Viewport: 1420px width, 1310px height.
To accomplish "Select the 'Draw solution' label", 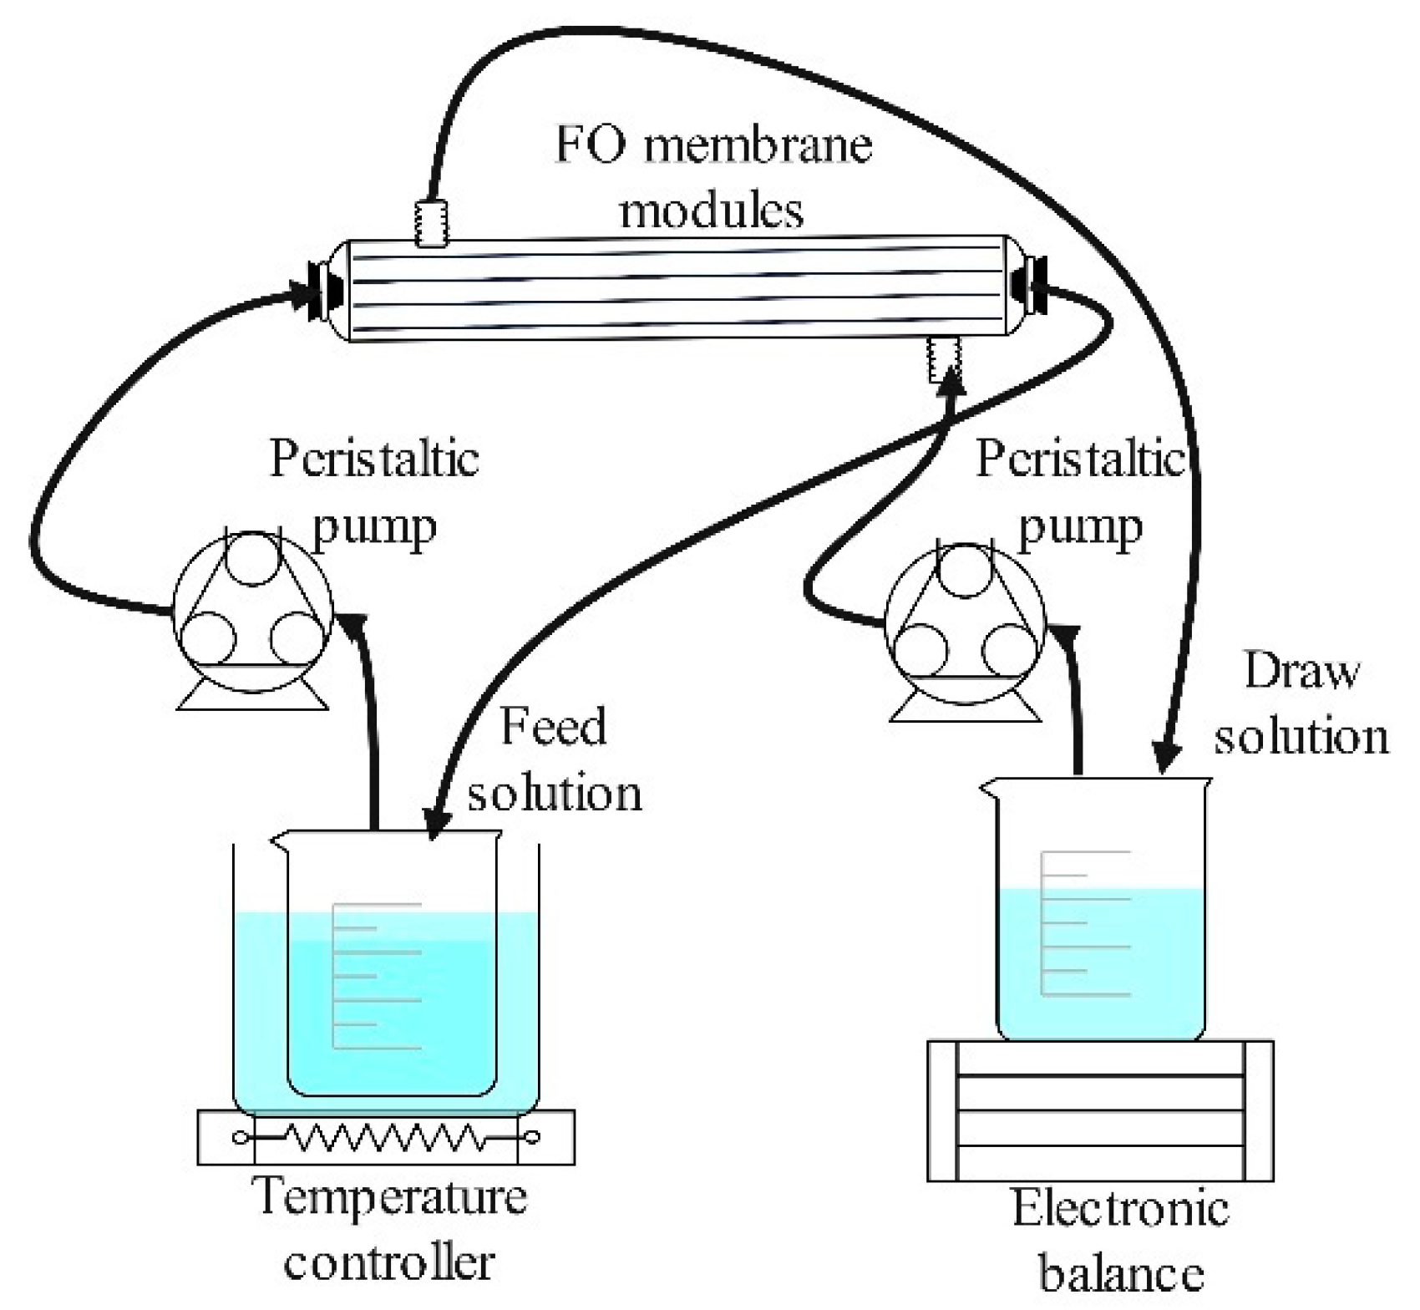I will click(x=1301, y=704).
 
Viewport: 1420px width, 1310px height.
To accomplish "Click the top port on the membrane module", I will click(x=432, y=223).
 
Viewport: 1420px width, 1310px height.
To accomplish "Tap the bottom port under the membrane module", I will click(x=945, y=358).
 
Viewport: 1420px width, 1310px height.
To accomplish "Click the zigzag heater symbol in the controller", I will click(x=385, y=1137).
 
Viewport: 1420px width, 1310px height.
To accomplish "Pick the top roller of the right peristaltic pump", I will click(x=964, y=569).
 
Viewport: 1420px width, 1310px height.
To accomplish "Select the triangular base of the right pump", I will click(x=964, y=706).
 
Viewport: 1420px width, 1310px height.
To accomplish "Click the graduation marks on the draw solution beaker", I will click(x=1085, y=923).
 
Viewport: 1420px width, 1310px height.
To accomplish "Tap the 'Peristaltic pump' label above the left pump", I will click(x=374, y=492).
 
